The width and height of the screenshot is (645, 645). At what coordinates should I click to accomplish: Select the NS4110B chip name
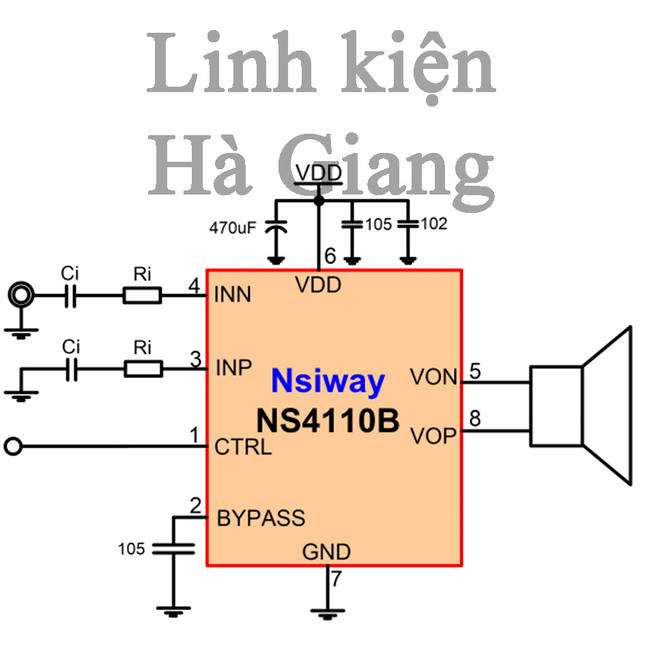tap(328, 421)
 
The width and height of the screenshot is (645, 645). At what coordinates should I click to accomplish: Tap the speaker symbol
tap(580, 405)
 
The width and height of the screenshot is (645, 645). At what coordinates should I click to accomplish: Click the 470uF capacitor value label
tap(233, 227)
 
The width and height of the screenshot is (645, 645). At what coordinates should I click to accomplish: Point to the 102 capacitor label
tap(433, 224)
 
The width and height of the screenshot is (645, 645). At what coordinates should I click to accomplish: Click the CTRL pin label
tap(243, 447)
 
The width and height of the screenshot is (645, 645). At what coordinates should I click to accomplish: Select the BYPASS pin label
tap(261, 518)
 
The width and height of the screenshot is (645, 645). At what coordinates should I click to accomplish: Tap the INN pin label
tap(233, 295)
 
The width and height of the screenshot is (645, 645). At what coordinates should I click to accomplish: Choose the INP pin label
tap(233, 367)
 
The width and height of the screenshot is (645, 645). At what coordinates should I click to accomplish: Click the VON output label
tap(433, 377)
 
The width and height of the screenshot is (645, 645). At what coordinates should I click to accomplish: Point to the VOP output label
tap(433, 436)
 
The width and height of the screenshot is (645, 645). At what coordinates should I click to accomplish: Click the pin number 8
tap(475, 418)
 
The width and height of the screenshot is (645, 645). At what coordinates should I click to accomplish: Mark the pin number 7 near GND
tap(336, 579)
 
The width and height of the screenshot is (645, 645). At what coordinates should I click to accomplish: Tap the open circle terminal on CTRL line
tap(13, 446)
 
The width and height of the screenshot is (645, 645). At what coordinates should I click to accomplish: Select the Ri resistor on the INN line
tap(143, 296)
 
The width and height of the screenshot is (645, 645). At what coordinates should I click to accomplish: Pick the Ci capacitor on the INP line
tap(72, 369)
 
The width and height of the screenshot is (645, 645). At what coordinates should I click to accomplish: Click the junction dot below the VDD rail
tap(319, 201)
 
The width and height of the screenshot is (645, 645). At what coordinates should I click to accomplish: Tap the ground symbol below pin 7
tap(328, 614)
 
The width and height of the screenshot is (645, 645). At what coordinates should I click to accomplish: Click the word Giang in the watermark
tap(386, 169)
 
